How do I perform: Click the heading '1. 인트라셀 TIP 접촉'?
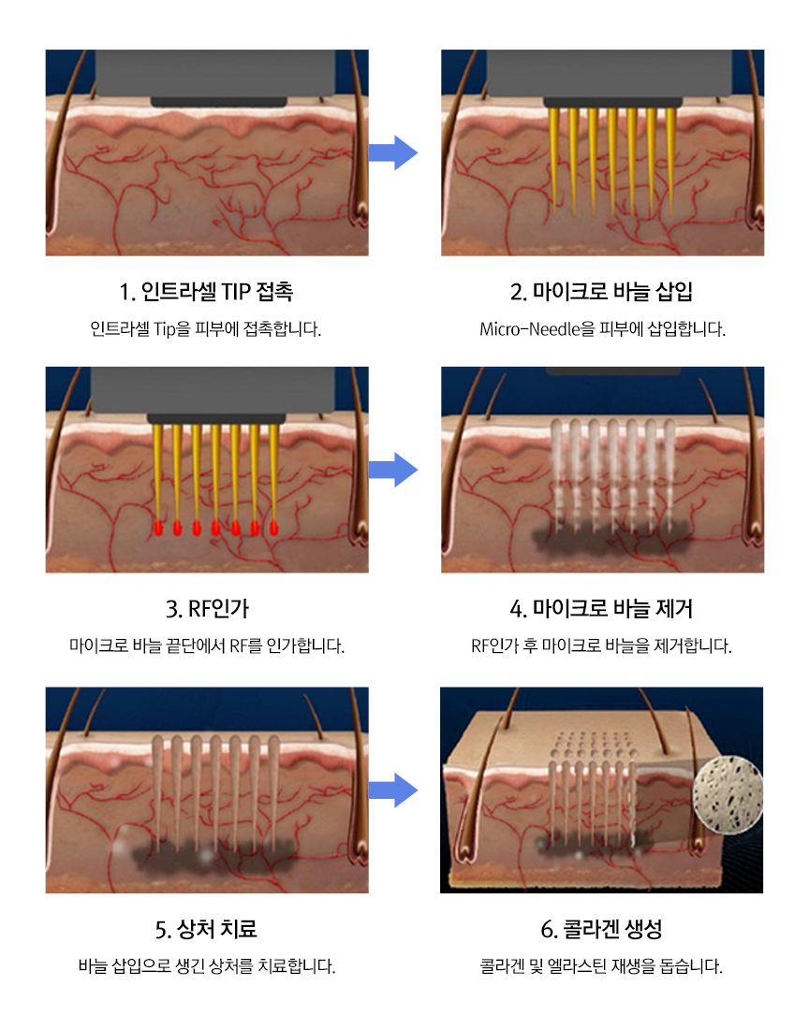click(x=206, y=292)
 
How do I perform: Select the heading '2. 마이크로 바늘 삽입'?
click(x=601, y=292)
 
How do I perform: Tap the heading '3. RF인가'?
click(x=206, y=609)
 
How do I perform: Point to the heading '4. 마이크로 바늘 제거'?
click(x=601, y=609)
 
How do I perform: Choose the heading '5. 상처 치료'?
click(x=206, y=929)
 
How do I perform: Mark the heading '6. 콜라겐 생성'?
click(x=601, y=929)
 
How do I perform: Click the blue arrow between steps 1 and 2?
click(x=392, y=152)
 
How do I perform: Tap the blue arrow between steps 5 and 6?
click(x=392, y=790)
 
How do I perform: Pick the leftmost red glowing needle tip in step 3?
click(x=158, y=529)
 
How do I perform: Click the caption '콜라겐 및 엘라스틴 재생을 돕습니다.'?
click(x=601, y=966)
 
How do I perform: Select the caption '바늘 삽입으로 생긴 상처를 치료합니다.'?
click(x=206, y=966)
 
